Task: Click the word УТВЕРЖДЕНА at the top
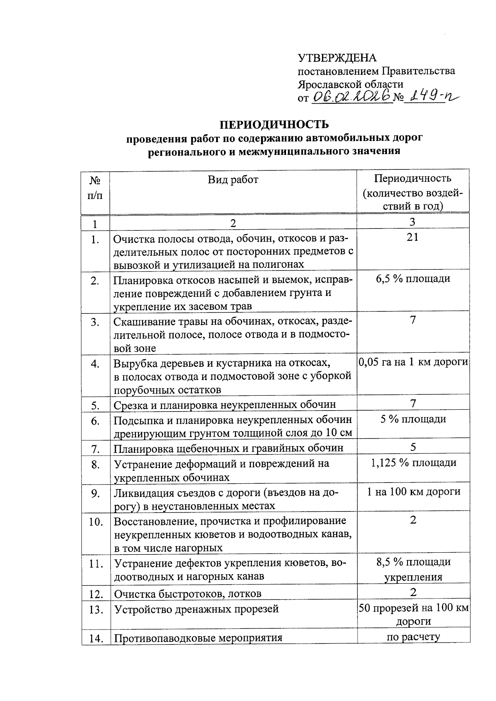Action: (337, 58)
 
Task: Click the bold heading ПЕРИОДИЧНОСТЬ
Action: (274, 124)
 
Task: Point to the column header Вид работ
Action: (233, 179)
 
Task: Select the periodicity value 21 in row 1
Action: (413, 237)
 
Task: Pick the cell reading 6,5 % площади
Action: (413, 278)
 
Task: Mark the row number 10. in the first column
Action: (95, 522)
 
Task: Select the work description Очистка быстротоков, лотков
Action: (188, 594)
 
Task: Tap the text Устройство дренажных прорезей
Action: (196, 609)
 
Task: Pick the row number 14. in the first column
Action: (95, 638)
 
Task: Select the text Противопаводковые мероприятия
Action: (198, 637)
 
